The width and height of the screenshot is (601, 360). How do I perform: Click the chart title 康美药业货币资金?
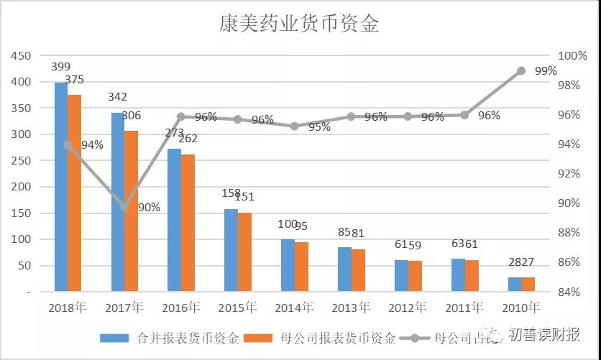coord(299,23)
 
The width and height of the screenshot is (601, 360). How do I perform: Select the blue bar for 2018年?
coord(60,187)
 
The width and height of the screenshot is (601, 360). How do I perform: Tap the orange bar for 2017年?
coord(131,212)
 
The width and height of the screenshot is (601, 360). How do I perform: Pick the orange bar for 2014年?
coord(300,267)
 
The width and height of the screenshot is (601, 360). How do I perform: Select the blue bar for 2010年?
coord(515,285)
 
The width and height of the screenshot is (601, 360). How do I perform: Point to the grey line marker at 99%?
coord(521,70)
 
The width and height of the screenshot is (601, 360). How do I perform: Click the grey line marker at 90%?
coord(124,207)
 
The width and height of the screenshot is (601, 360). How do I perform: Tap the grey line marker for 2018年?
coord(68,144)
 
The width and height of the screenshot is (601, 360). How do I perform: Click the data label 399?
coord(61,67)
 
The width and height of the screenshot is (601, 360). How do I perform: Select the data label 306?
coord(131,115)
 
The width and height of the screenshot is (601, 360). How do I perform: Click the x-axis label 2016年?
coord(180,308)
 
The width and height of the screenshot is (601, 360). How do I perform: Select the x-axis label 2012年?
coord(406,308)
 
